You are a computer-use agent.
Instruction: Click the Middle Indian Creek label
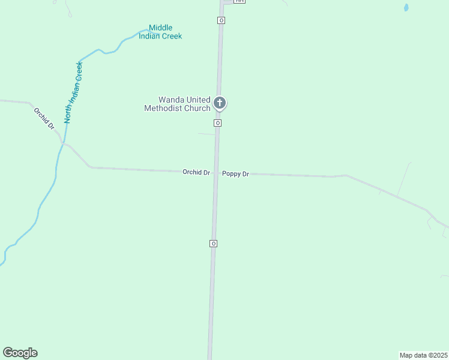point(160,32)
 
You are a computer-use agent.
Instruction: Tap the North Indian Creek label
point(73,92)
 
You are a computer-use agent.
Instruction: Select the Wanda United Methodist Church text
point(177,104)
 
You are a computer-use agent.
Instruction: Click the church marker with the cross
point(220,103)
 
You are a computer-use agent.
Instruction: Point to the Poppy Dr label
point(235,174)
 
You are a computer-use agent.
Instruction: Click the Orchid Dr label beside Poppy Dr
point(196,172)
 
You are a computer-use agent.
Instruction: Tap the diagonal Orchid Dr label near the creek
point(44,119)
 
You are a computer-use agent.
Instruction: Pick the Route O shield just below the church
point(217,123)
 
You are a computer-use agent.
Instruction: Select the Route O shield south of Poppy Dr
point(213,244)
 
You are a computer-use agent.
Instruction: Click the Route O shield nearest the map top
point(221,20)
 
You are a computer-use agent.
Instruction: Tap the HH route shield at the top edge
point(240,1)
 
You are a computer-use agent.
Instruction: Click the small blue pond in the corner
point(406,8)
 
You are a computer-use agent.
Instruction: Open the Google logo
point(20,353)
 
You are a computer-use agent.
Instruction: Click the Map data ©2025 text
point(424,355)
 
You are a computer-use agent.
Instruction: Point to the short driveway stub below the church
point(206,134)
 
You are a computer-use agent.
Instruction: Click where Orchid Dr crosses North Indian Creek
point(61,143)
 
